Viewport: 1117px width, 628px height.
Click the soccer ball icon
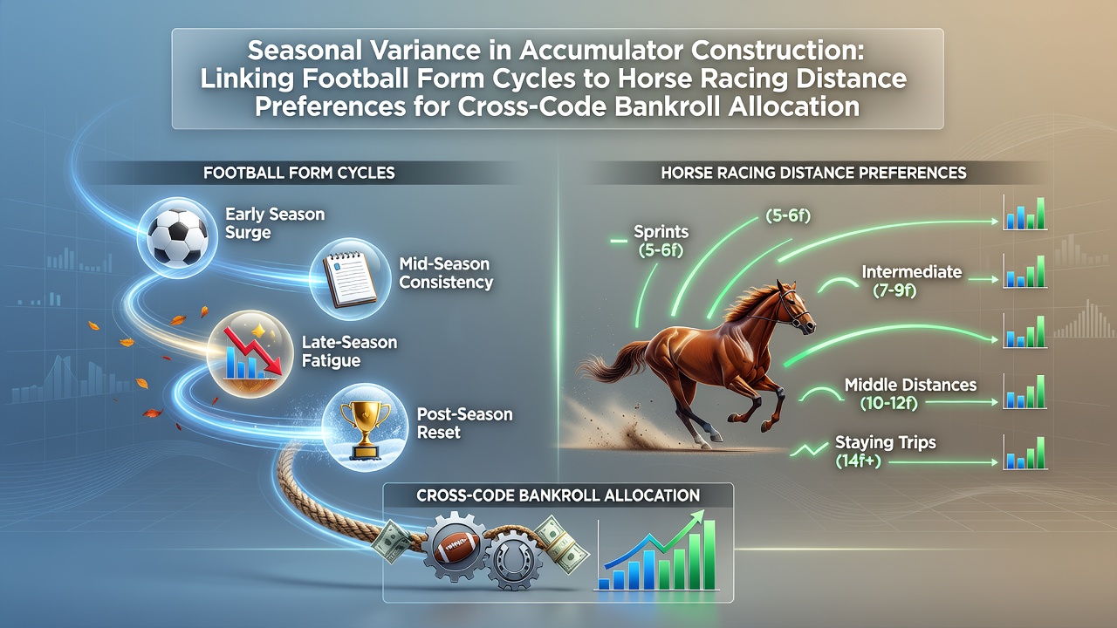(178, 236)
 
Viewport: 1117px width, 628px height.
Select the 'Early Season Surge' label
(275, 223)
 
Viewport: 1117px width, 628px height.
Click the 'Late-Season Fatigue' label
(350, 352)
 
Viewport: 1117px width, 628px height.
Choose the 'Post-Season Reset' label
(464, 423)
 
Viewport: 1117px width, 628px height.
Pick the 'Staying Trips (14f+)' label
(885, 452)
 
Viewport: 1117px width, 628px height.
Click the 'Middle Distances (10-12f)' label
(910, 393)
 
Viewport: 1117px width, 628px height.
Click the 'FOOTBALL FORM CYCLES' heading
(299, 173)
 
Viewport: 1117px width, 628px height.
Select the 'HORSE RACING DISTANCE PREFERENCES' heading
(813, 173)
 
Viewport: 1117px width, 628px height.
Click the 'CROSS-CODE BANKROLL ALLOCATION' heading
(558, 495)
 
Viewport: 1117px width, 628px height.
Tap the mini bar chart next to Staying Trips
(1024, 453)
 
